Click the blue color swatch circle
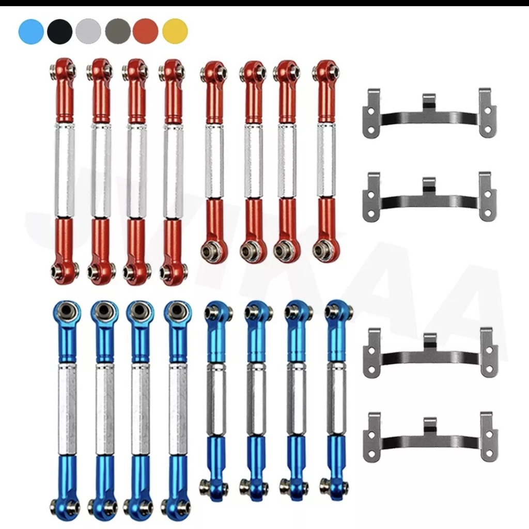click(31, 32)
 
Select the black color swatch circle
click(60, 32)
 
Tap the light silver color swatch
click(88, 32)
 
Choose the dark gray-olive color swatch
click(117, 32)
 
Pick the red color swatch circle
click(146, 32)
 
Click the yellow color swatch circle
click(175, 32)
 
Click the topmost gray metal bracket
click(429, 114)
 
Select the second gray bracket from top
click(429, 197)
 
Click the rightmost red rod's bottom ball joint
click(325, 251)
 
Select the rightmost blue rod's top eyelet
click(338, 309)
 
